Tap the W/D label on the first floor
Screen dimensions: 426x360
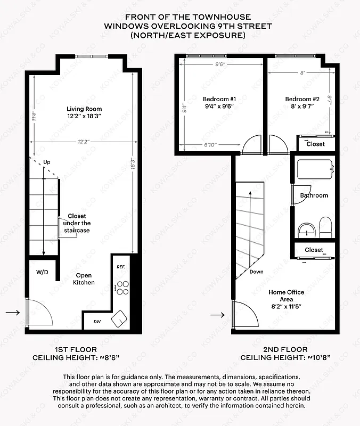pos(42,272)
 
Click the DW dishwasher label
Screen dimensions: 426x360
pos(97,321)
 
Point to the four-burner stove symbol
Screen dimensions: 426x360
pos(122,288)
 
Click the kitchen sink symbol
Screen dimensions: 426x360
pos(119,318)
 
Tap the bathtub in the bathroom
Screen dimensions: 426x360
pos(315,169)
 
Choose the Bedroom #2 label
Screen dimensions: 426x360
pos(302,103)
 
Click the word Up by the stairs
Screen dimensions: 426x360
pos(47,162)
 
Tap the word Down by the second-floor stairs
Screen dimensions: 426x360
pos(256,272)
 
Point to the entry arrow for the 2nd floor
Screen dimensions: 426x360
pos(218,315)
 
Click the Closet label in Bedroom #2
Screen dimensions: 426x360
pos(315,144)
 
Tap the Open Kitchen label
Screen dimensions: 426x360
pos(84,279)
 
